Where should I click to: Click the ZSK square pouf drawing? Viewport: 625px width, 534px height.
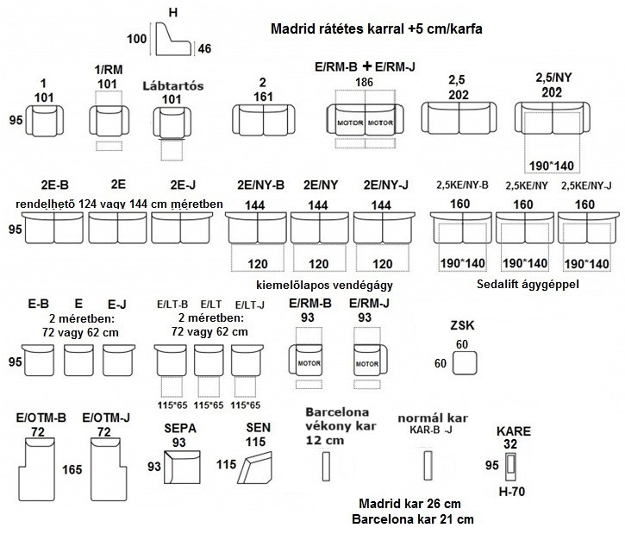(x=466, y=366)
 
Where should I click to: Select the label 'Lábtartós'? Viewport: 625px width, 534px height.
(x=172, y=85)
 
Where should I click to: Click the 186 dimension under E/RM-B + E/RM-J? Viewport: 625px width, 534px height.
(x=366, y=81)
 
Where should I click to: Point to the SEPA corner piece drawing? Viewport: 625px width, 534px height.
(x=184, y=468)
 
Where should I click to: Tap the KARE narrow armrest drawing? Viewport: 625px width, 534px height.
(x=512, y=467)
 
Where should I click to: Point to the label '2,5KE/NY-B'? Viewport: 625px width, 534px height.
(x=463, y=185)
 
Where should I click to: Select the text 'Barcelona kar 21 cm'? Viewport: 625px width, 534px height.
(x=413, y=519)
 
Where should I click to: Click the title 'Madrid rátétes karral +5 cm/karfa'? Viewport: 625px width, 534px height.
(x=376, y=28)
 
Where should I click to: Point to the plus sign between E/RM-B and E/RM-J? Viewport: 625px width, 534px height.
(x=366, y=66)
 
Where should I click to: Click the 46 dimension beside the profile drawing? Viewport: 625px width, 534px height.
(x=204, y=48)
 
